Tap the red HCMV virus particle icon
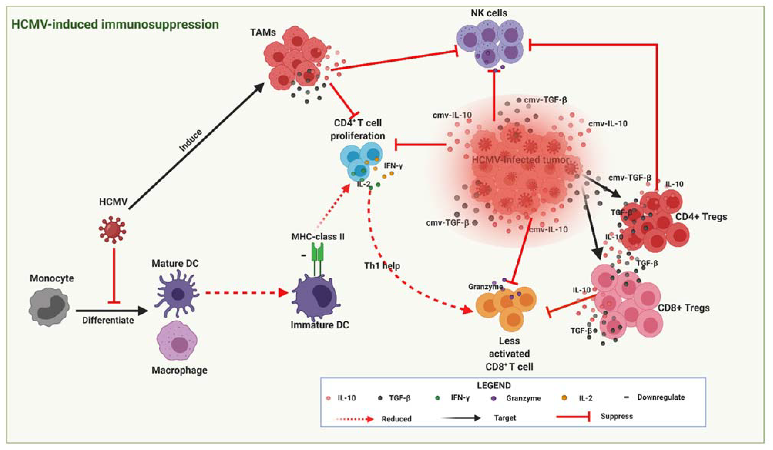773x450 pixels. pyautogui.click(x=112, y=229)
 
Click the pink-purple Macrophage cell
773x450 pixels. pyautogui.click(x=177, y=341)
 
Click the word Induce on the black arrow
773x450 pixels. pyautogui.click(x=191, y=141)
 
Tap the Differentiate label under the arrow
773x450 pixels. pyautogui.click(x=108, y=320)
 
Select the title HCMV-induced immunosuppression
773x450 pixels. pyautogui.click(x=115, y=24)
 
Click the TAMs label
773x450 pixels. pyautogui.click(x=263, y=32)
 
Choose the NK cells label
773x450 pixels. pyautogui.click(x=489, y=13)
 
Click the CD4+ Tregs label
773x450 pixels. pyautogui.click(x=701, y=217)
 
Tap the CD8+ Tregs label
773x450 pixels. pyautogui.click(x=684, y=308)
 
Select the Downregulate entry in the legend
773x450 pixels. pyautogui.click(x=661, y=397)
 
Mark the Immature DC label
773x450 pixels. pyautogui.click(x=320, y=325)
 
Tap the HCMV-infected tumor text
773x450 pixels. pyautogui.click(x=520, y=160)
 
